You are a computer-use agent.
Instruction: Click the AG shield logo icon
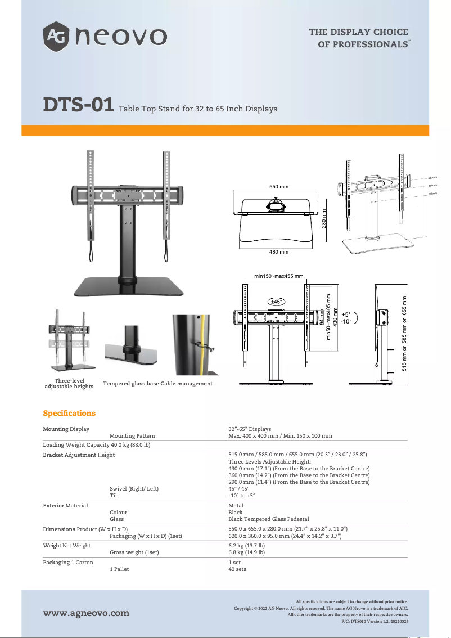56,37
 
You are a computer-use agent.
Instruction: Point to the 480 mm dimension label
278,251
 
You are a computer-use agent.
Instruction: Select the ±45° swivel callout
277,302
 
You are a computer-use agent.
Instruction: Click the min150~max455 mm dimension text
279,276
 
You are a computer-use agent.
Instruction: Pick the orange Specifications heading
69,413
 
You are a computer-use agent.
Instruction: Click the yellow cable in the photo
201,343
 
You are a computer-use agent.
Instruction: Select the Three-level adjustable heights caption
69,384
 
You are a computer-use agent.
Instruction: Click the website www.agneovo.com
86,613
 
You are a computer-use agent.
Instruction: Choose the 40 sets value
237,569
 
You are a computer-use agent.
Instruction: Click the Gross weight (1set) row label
134,552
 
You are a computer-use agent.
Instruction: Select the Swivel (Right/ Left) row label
134,489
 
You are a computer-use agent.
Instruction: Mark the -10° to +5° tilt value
242,496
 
